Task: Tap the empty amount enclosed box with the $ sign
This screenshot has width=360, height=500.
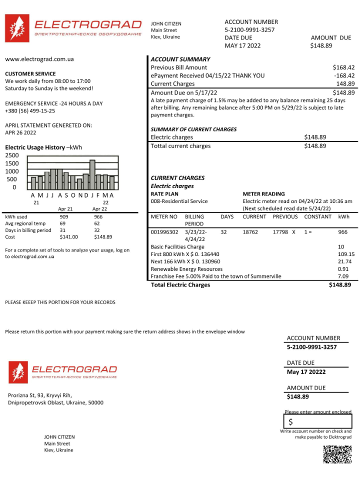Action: [x=318, y=421]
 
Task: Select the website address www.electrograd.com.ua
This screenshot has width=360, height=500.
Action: [x=39, y=59]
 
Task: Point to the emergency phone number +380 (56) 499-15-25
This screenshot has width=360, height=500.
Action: [x=30, y=110]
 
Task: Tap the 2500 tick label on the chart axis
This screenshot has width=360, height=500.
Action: [x=11, y=155]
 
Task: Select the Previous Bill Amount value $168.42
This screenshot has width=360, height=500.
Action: [x=343, y=67]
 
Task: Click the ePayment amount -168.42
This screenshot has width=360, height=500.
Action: [x=344, y=75]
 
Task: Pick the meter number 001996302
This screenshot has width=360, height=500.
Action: [x=164, y=232]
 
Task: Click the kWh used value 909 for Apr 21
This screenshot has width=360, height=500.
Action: [x=64, y=217]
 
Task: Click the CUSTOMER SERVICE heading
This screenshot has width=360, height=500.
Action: [x=30, y=73]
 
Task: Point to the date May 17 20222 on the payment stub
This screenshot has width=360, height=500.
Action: [x=306, y=372]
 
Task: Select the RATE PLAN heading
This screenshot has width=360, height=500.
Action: [x=164, y=194]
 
